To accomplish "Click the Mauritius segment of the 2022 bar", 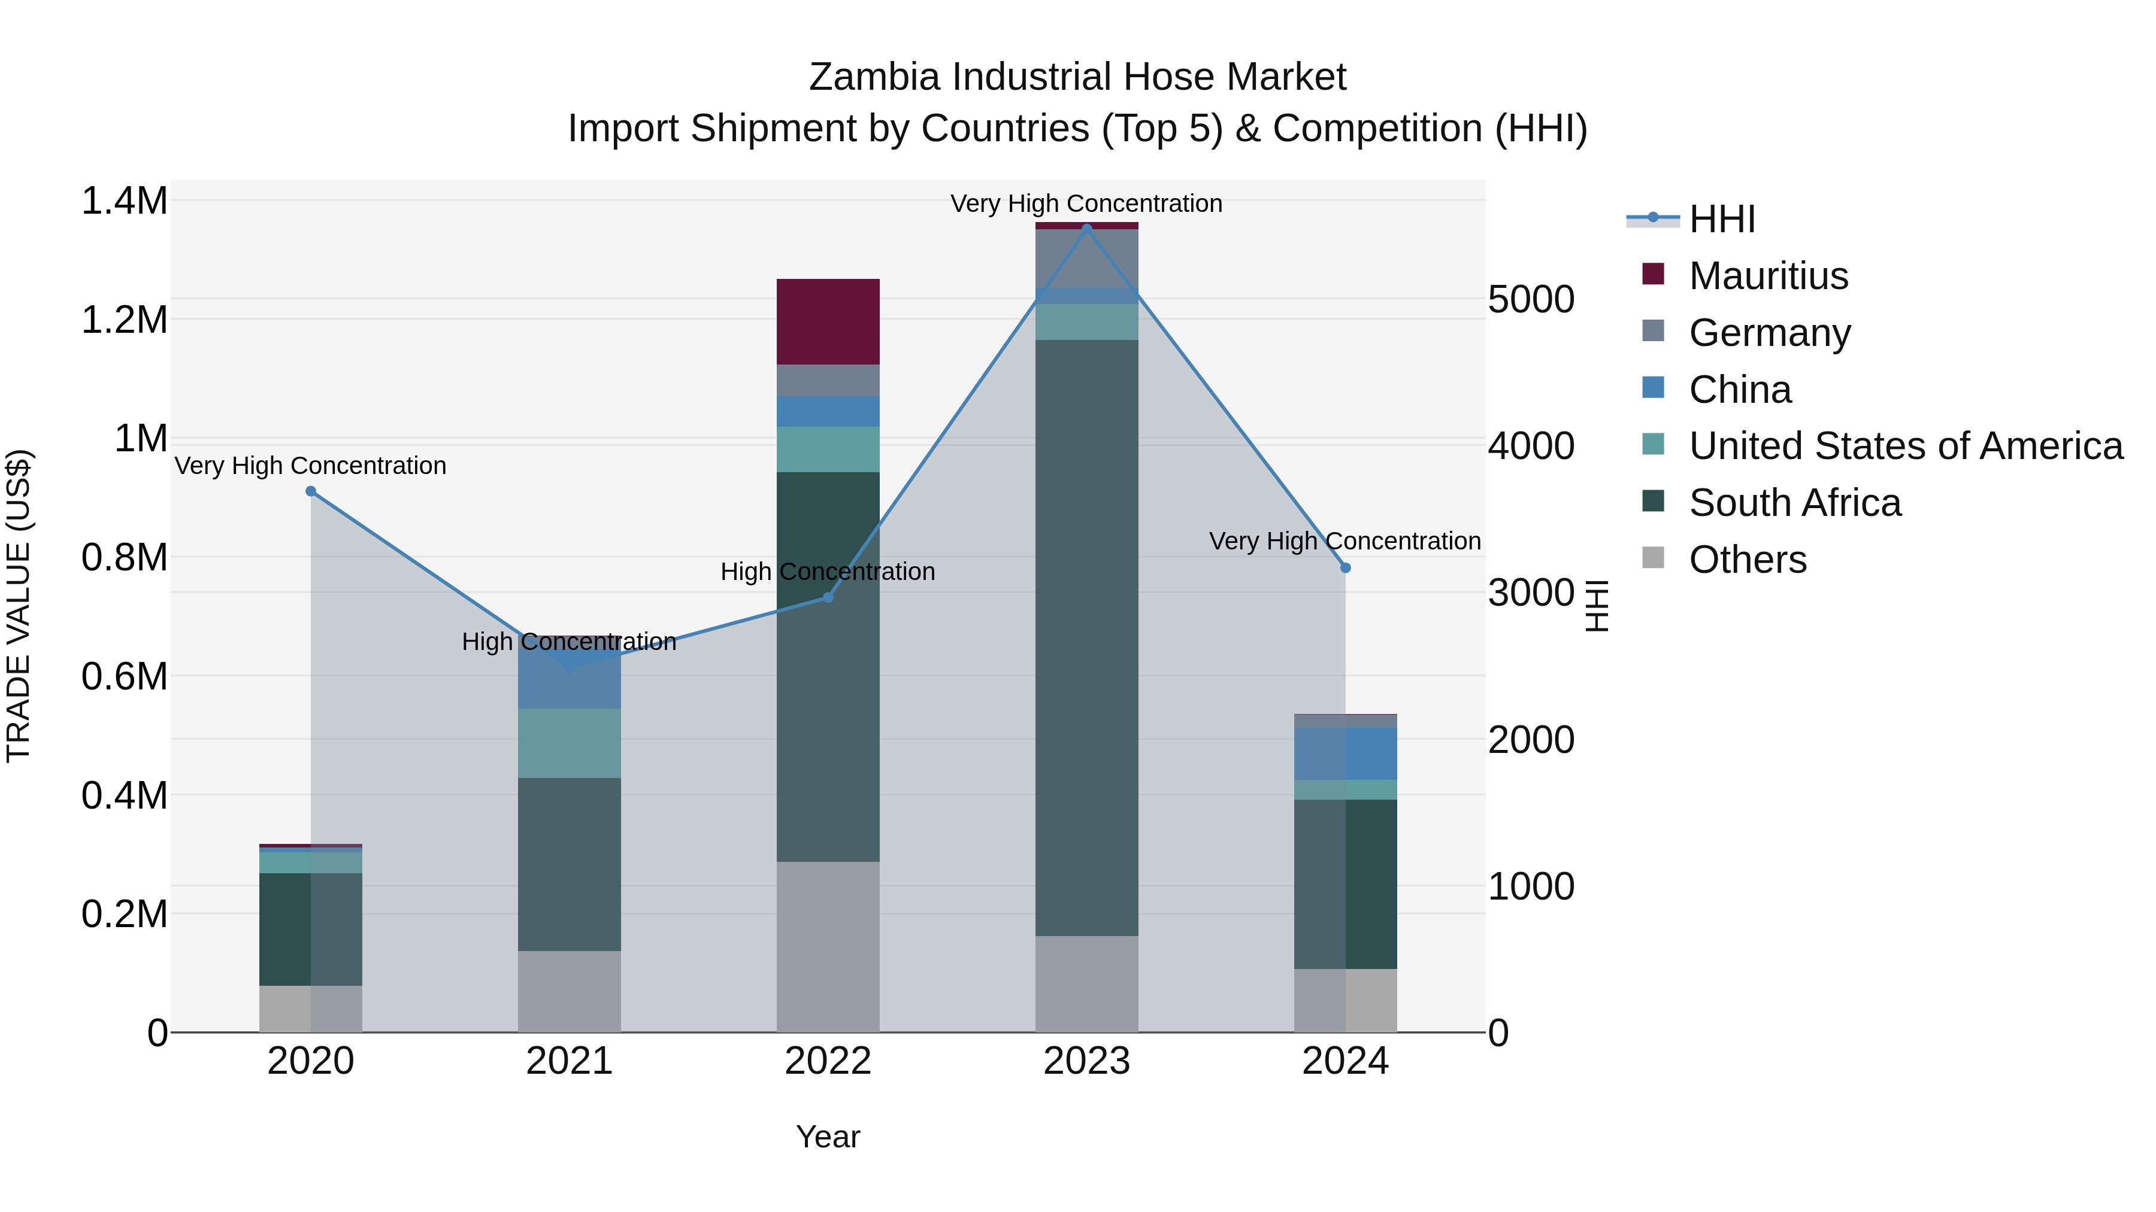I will pos(828,321).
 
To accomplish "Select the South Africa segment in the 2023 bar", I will pos(1086,637).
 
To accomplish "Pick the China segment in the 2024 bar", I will pos(1345,754).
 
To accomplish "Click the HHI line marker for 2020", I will pos(310,491).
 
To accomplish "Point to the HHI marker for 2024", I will pos(1345,568).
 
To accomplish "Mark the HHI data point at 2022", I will pos(828,597).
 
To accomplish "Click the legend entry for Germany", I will pos(1769,333).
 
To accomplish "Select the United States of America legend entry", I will pos(1905,446).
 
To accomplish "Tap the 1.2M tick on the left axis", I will pos(125,320).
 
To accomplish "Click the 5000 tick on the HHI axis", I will pos(1531,299).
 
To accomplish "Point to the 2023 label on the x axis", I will pos(1086,1061).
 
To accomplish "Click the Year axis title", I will pos(828,1137).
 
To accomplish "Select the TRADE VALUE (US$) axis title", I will pos(19,606).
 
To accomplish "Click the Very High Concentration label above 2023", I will pos(1086,203).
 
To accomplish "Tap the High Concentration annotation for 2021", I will pos(569,642).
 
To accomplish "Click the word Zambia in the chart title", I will pos(874,77).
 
